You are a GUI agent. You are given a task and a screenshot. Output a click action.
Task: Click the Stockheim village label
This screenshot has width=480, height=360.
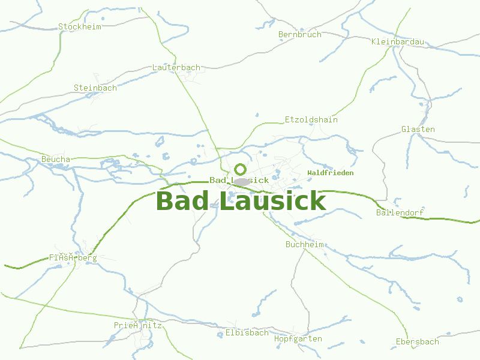point(80,26)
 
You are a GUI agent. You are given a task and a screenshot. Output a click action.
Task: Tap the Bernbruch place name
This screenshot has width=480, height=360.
point(300,35)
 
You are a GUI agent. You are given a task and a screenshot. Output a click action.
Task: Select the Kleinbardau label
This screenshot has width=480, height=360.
point(398,42)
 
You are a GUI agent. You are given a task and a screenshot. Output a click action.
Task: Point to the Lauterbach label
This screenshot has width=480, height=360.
point(176,68)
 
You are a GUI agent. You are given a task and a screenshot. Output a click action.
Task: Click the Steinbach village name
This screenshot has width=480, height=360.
point(95,88)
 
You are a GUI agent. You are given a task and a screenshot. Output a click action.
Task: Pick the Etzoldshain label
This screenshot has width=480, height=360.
point(311,120)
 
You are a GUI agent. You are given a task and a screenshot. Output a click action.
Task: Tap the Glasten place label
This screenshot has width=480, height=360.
point(418,130)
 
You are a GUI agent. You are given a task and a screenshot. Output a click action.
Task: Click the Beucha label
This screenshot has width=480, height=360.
point(56,160)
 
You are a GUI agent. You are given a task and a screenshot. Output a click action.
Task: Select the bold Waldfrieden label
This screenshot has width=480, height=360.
point(330,173)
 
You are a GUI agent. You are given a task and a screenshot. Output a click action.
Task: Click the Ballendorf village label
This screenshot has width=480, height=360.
point(400,213)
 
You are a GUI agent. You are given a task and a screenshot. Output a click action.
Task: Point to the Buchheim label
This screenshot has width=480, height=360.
point(305,245)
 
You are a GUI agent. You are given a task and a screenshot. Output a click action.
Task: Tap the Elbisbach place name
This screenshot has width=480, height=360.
point(247,333)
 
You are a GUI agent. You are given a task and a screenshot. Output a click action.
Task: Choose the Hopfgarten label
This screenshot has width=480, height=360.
point(298,339)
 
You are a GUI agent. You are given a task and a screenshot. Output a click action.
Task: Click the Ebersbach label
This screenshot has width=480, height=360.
point(418,342)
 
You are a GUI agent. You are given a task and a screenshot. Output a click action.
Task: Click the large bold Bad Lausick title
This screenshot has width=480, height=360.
point(241,202)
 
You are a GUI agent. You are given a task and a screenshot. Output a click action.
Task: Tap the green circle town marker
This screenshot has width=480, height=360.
point(240,169)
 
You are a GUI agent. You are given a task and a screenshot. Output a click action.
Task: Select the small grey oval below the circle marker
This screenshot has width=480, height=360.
point(241,181)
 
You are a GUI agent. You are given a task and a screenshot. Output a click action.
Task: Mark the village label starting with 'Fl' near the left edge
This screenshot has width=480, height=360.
point(73,258)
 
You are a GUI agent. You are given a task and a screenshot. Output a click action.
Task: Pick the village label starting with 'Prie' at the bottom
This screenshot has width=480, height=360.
point(138,325)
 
